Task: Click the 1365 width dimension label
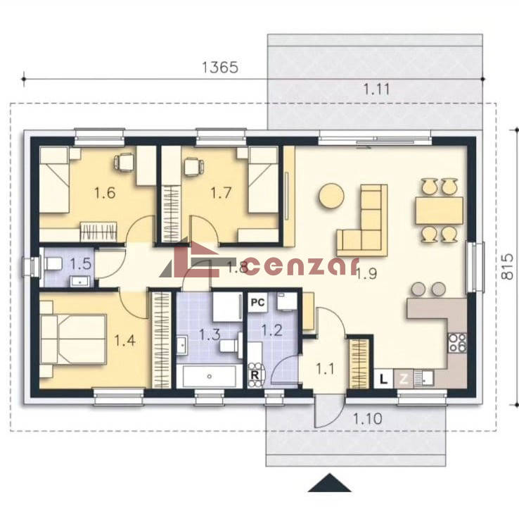(220, 68)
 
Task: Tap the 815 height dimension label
(506, 267)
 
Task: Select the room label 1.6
(105, 193)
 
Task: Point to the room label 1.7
(221, 193)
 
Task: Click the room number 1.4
(124, 340)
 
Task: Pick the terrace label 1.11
(377, 89)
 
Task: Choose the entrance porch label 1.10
(368, 418)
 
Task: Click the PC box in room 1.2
(257, 302)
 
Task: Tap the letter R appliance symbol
(255, 375)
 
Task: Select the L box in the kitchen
(383, 378)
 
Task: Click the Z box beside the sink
(403, 378)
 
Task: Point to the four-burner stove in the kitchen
(457, 343)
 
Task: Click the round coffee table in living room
(331, 196)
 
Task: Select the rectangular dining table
(440, 211)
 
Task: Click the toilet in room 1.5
(53, 264)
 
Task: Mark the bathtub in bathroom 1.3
(209, 376)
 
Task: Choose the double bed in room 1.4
(73, 339)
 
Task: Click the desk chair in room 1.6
(123, 163)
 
